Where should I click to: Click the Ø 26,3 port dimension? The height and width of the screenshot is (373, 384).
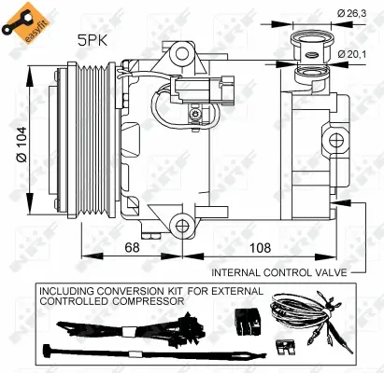coord(352,12)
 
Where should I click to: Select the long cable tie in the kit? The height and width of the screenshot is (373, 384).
coord(84,354)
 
